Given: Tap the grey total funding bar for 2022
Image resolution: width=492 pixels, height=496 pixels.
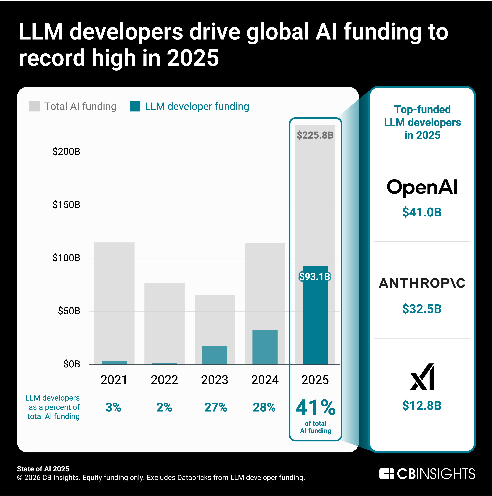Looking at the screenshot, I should click(164, 321).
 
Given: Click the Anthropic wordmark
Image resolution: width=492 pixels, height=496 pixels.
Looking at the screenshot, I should click(422, 283).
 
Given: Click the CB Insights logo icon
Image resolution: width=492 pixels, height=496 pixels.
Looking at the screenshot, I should click(387, 474).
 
